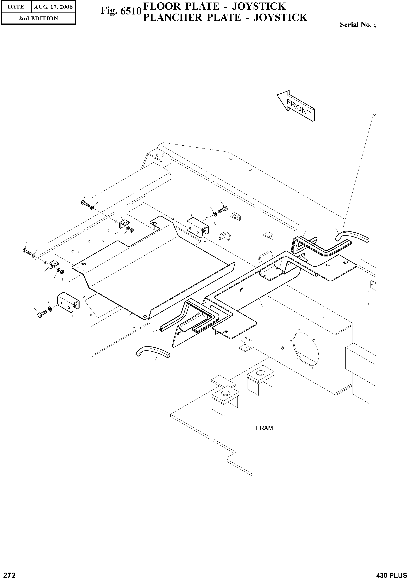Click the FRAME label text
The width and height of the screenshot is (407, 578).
[x=266, y=428]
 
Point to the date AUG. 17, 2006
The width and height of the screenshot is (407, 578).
[x=53, y=7]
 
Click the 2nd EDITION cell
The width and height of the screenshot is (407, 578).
[x=38, y=18]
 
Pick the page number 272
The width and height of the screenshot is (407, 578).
[x=8, y=573]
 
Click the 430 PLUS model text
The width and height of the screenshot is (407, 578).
[x=391, y=573]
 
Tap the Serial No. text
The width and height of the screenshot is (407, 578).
[x=358, y=25]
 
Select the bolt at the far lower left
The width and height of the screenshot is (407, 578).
[x=42, y=314]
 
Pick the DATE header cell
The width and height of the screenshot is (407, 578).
[x=16, y=7]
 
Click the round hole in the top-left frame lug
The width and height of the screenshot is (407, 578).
[x=159, y=155]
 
